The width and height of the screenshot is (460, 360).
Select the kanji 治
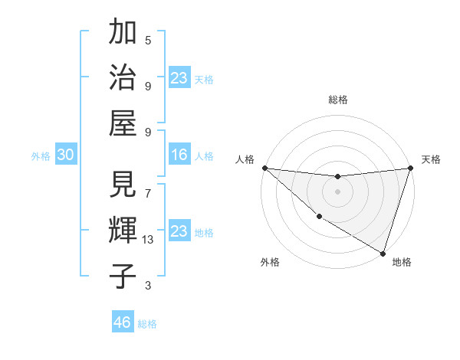tap(123, 78)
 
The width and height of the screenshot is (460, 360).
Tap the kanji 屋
tap(123, 123)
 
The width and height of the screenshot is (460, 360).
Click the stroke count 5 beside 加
tap(148, 41)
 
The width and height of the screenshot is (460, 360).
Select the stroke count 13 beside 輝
tap(148, 240)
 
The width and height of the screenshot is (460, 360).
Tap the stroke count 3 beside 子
tap(148, 286)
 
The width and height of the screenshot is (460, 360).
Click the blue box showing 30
tap(65, 155)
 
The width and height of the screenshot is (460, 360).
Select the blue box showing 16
tap(179, 155)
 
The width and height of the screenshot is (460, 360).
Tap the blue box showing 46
tap(122, 322)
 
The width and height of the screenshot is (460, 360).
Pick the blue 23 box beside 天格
tap(179, 77)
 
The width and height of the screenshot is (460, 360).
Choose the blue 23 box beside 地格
tap(179, 231)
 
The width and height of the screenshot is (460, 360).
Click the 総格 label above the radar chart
tap(337, 100)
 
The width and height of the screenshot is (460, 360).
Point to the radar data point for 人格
tap(264, 168)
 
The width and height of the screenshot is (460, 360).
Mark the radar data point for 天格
tap(410, 168)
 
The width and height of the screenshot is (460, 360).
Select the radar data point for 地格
tap(383, 253)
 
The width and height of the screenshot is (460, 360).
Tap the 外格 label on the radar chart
tap(270, 263)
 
